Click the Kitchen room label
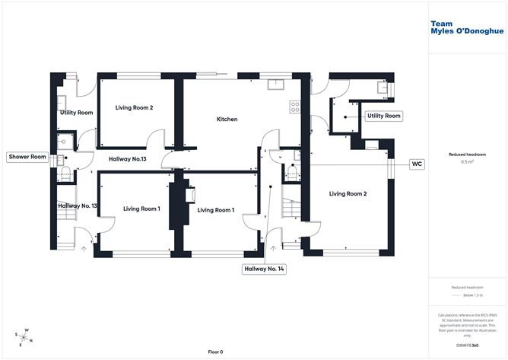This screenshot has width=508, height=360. (227, 119)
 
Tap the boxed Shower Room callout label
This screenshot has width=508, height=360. (27, 157)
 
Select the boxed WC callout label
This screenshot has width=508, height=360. (417, 164)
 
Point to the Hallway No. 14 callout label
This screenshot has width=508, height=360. (263, 268)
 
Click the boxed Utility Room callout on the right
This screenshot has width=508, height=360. (383, 116)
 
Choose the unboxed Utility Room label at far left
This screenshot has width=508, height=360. (76, 113)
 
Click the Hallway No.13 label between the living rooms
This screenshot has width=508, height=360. (127, 158)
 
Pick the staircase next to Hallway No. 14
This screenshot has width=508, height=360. (290, 206)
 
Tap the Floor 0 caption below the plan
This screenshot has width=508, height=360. (215, 352)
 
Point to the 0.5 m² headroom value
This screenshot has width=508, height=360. (468, 162)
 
